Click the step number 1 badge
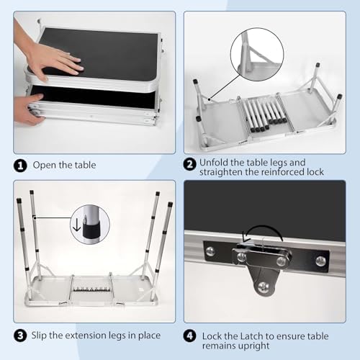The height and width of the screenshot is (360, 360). click(x=20, y=166)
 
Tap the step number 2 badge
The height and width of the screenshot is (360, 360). click(x=189, y=164)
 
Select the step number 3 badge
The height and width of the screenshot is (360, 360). click(x=20, y=336)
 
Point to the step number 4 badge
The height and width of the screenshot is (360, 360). click(x=189, y=336)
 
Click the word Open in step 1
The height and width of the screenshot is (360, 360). click(x=45, y=166)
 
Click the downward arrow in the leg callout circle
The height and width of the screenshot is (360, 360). click(x=76, y=226)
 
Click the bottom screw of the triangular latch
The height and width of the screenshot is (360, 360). click(x=264, y=287)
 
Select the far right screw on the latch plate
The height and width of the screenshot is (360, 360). click(x=320, y=261)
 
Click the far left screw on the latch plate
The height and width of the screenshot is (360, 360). click(x=210, y=251)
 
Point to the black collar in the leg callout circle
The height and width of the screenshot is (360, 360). click(x=91, y=230)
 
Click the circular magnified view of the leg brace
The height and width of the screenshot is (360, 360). click(x=257, y=54)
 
